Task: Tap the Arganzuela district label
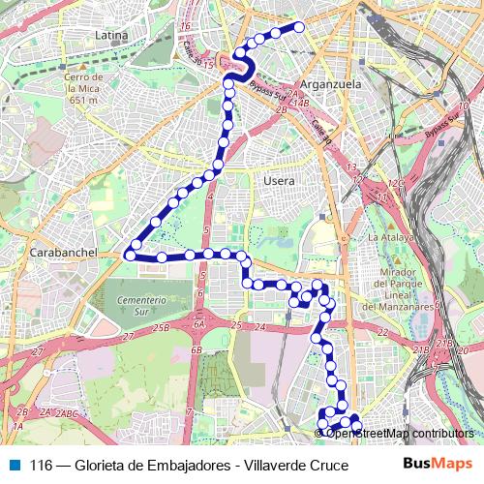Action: point(330,84)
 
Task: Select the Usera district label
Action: point(279,181)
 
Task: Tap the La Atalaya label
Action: point(390,236)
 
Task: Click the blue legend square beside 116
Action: point(15,464)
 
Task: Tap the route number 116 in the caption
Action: point(41,465)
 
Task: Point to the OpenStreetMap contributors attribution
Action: point(399,433)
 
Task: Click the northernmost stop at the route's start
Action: point(299,27)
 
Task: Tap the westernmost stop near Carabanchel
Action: point(129,255)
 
